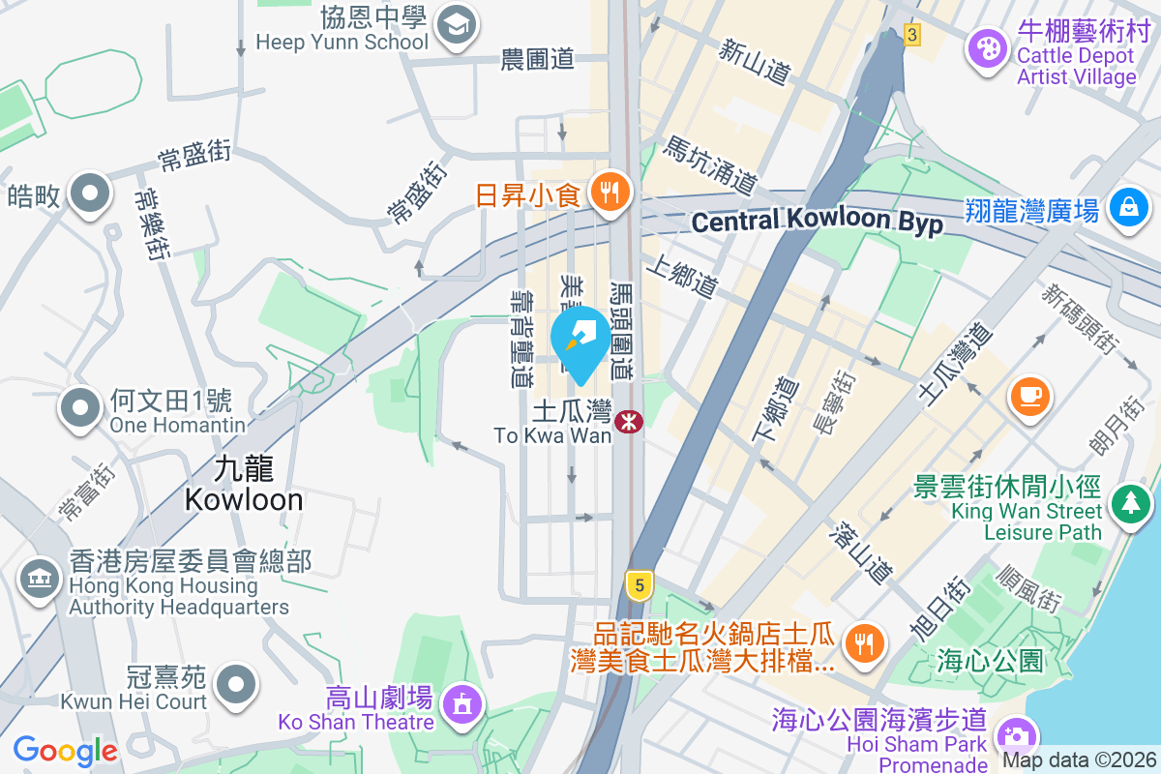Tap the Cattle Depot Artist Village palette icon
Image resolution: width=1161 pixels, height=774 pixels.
988,49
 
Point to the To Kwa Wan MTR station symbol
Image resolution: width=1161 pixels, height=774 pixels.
629,422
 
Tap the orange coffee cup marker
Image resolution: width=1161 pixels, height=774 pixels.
1029,396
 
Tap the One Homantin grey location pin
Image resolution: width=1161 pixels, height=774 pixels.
81,409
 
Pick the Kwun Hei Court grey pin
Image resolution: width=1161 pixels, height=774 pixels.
235,685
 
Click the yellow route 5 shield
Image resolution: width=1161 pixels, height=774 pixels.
637,583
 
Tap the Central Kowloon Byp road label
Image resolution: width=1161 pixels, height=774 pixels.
818,222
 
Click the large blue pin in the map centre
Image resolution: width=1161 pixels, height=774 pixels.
580,342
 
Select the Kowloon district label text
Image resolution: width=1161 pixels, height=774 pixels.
244,485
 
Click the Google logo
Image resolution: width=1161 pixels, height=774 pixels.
65,750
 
